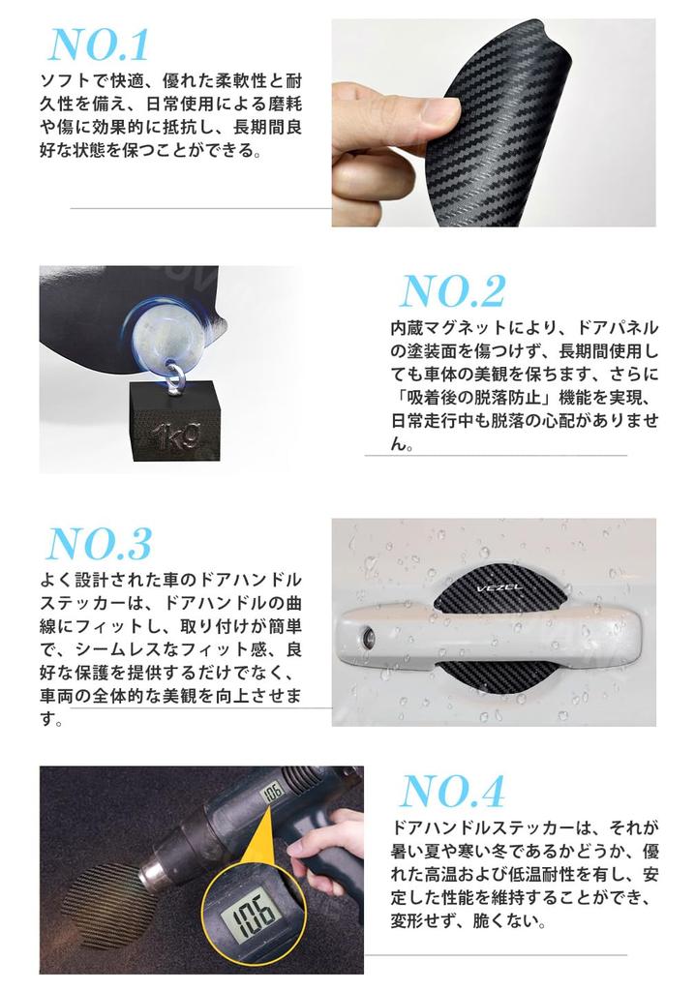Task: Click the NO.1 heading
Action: pos(99,45)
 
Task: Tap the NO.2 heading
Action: pos(452,291)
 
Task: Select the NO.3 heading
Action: pos(99,544)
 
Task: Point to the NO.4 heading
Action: pos(452,792)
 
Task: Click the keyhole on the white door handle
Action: pos(369,636)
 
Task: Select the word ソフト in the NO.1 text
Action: pos(66,78)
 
